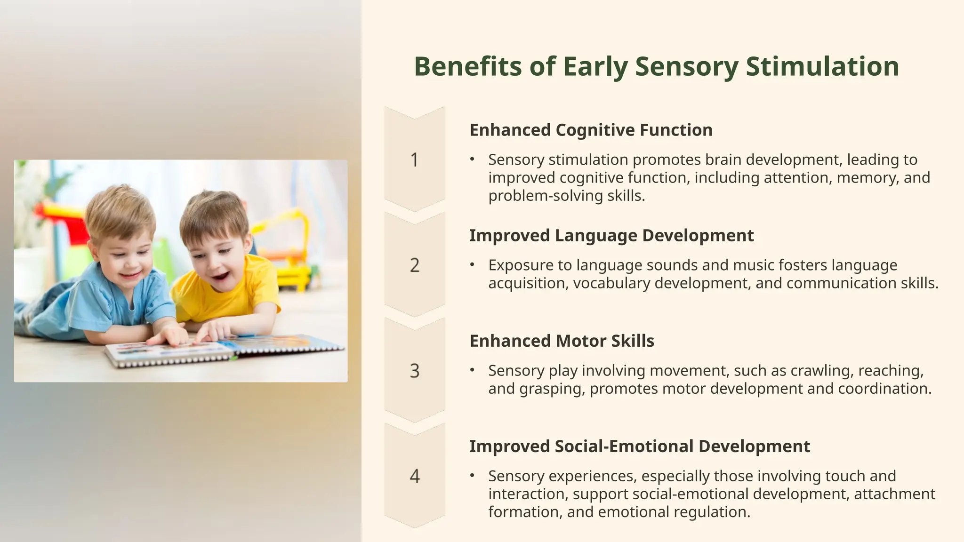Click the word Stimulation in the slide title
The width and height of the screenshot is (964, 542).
822,66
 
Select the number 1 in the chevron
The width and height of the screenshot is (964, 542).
414,160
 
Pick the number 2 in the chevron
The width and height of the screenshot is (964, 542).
414,265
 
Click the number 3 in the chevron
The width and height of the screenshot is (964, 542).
414,371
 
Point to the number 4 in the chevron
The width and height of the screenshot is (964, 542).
414,476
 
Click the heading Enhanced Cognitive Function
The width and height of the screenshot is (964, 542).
591,130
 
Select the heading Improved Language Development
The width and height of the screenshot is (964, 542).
611,235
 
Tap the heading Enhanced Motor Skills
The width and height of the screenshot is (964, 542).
562,341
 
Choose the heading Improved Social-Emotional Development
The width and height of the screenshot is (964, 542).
640,446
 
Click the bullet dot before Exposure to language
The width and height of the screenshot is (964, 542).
472,265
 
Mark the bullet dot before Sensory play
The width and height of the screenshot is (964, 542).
472,370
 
